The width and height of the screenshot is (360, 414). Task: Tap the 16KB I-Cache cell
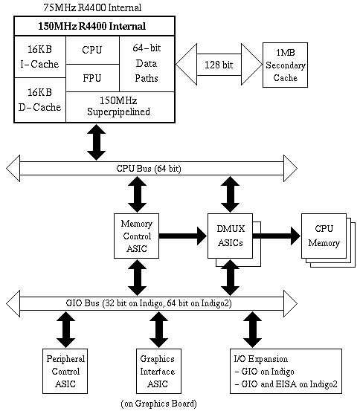pos(39,57)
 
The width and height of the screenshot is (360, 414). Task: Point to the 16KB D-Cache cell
pos(39,99)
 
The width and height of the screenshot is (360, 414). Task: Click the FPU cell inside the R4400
pos(93,78)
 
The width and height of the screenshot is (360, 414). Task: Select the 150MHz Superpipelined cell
pos(119,107)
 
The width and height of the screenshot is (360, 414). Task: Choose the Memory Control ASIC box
pos(135,236)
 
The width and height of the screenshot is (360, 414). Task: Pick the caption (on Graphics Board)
pos(158,404)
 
